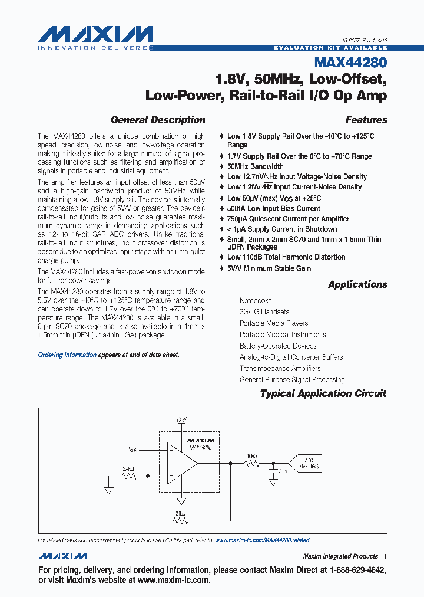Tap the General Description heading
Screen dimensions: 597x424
pyautogui.click(x=158, y=120)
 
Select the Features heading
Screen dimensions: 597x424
pyautogui.click(x=366, y=120)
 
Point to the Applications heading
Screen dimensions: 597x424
pyautogui.click(x=357, y=284)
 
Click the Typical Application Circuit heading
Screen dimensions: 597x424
pyautogui.click(x=323, y=393)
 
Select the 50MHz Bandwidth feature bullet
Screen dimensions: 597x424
pyautogui.click(x=255, y=166)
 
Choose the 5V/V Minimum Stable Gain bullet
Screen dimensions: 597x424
pyautogui.click(x=269, y=268)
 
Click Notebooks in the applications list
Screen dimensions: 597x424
pyautogui.click(x=256, y=301)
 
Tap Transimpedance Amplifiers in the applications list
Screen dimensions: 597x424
pyautogui.click(x=288, y=368)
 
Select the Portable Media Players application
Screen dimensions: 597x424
pyautogui.click(x=273, y=323)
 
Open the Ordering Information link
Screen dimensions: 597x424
pyautogui.click(x=67, y=355)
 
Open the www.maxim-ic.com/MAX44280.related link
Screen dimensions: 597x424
pyautogui.click(x=262, y=540)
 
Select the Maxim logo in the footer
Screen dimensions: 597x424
pyautogui.click(x=62, y=556)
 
